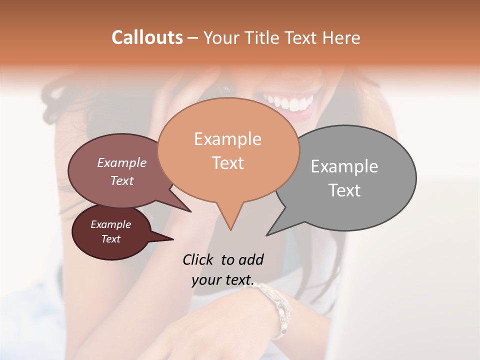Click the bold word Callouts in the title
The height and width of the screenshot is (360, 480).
(147, 37)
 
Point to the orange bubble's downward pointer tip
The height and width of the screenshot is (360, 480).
(230, 229)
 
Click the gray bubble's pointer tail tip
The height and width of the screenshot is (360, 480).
(267, 235)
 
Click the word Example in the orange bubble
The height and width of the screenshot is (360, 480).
(227, 139)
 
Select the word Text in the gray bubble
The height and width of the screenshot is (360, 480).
(344, 190)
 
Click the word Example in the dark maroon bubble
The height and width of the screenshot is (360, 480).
(110, 224)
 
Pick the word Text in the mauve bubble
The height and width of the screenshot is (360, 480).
(122, 181)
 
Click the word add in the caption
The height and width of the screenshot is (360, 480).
(251, 259)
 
